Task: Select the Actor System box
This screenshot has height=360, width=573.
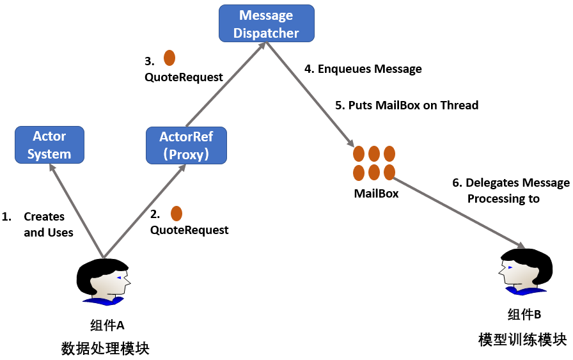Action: [x=49, y=145]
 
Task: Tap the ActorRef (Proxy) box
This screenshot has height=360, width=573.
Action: [x=186, y=145]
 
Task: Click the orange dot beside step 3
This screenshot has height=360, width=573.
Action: [x=169, y=58]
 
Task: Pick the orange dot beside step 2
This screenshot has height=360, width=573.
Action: [x=176, y=214]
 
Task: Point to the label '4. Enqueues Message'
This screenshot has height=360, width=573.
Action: [x=363, y=69]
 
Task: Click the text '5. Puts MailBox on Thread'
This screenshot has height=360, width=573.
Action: [x=407, y=105]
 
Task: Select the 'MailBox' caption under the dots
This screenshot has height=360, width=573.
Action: [x=376, y=193]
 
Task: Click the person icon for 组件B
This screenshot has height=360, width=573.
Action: [x=525, y=272]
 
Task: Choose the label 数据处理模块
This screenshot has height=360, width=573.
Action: [x=105, y=348]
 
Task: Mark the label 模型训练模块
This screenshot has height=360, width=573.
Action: [x=522, y=339]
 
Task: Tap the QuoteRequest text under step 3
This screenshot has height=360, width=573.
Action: [x=184, y=77]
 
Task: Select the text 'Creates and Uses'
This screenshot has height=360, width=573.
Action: [x=49, y=224]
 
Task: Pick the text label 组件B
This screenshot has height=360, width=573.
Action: [x=524, y=315]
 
